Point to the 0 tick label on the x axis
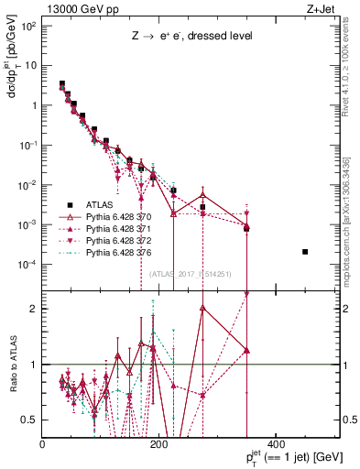pos(43,443)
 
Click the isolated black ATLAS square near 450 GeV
pos(305,252)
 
